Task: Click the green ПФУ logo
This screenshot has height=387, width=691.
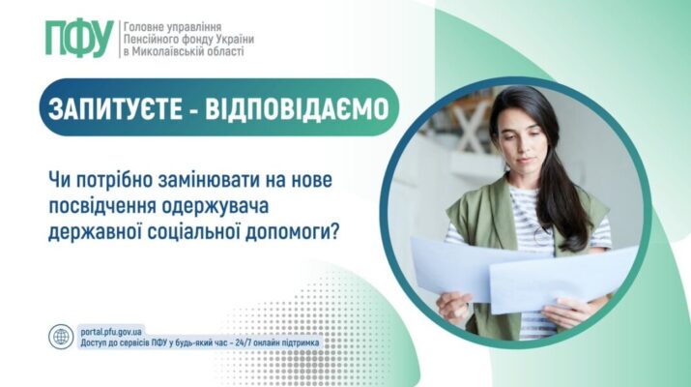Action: pos(79,39)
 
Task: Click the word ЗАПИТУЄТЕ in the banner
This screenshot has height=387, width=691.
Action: pos(115,108)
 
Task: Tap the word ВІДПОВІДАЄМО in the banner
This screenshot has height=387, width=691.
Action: pos(297,108)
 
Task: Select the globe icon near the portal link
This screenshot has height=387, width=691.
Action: pos(61,337)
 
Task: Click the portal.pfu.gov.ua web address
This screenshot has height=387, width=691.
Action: pos(111,332)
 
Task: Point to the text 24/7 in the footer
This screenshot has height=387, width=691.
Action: pos(252,342)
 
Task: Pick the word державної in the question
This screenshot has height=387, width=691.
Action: pos(95,232)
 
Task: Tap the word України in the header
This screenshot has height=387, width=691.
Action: pos(236,40)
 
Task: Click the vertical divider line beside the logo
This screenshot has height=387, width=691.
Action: pos(119,39)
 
